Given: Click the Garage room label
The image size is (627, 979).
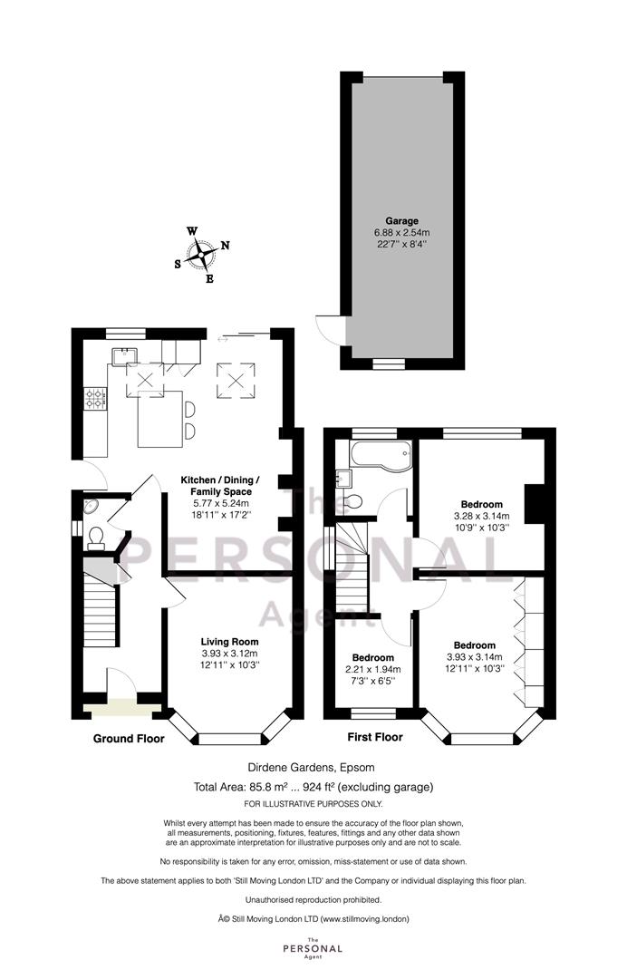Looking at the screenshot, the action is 401,220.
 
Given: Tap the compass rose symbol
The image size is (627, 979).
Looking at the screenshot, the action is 202,255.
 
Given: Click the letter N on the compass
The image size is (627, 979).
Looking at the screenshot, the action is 225,246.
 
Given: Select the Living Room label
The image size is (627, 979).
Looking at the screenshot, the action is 229,641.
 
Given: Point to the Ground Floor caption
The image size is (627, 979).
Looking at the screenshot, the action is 129,739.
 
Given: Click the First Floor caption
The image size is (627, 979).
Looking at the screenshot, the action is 375,737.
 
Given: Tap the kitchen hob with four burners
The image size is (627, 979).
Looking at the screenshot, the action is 95,398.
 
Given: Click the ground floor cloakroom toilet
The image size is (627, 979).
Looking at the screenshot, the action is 96,538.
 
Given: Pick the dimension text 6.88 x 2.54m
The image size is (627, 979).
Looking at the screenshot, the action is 401,232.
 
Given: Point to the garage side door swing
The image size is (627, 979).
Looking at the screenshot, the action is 330,328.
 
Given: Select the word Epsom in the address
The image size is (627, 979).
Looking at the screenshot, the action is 361,768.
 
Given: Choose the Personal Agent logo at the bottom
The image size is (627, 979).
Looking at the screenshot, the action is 313,948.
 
